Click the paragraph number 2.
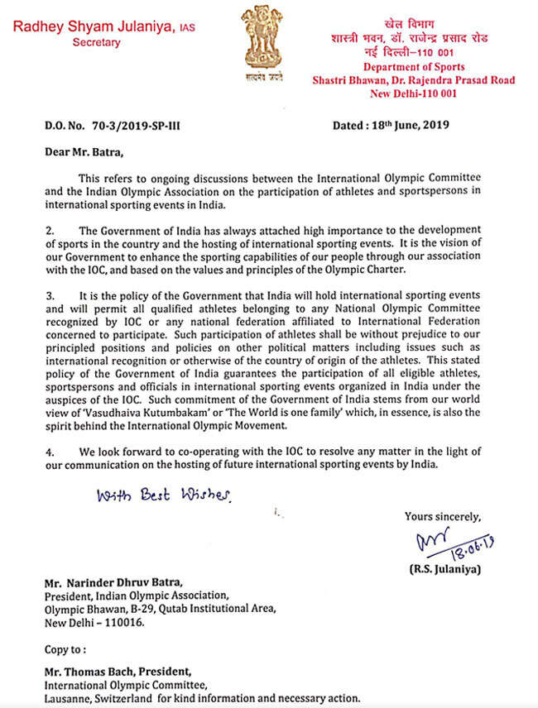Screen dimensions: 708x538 (49, 229)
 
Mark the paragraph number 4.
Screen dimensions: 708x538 (49, 452)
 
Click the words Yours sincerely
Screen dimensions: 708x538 (443, 517)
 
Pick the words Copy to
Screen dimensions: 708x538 (65, 649)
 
